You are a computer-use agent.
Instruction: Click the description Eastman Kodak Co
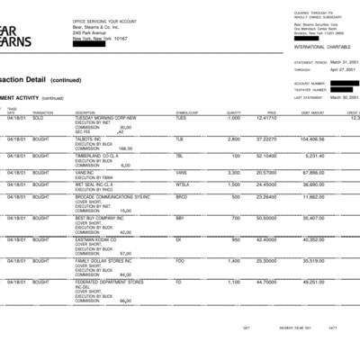[x=99, y=239]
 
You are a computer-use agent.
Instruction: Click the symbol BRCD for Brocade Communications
[x=181, y=195]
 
